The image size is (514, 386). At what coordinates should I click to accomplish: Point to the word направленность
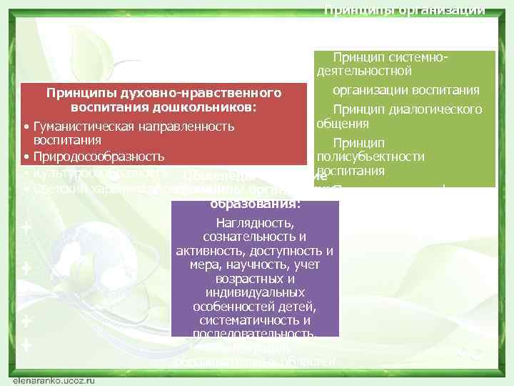coord(186,127)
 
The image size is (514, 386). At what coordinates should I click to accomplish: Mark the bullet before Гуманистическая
coord(26,127)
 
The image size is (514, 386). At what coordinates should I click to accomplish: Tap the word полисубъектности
coord(371,157)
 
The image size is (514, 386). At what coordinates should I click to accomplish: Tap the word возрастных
coord(255,279)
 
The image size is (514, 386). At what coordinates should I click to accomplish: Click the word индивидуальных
coord(255,293)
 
